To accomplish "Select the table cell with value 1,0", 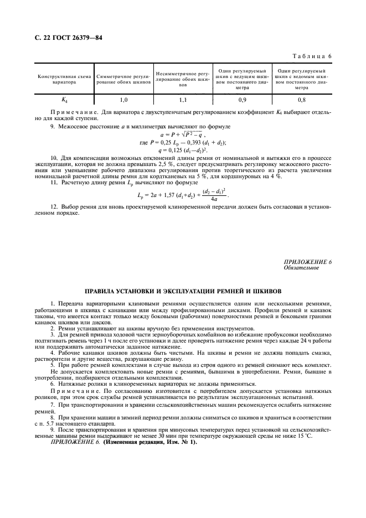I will tap(123, 100).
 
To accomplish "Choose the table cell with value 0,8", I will tap(301, 100).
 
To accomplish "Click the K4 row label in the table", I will tap(64, 100).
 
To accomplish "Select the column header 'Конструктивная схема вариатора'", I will tap(64, 79).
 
